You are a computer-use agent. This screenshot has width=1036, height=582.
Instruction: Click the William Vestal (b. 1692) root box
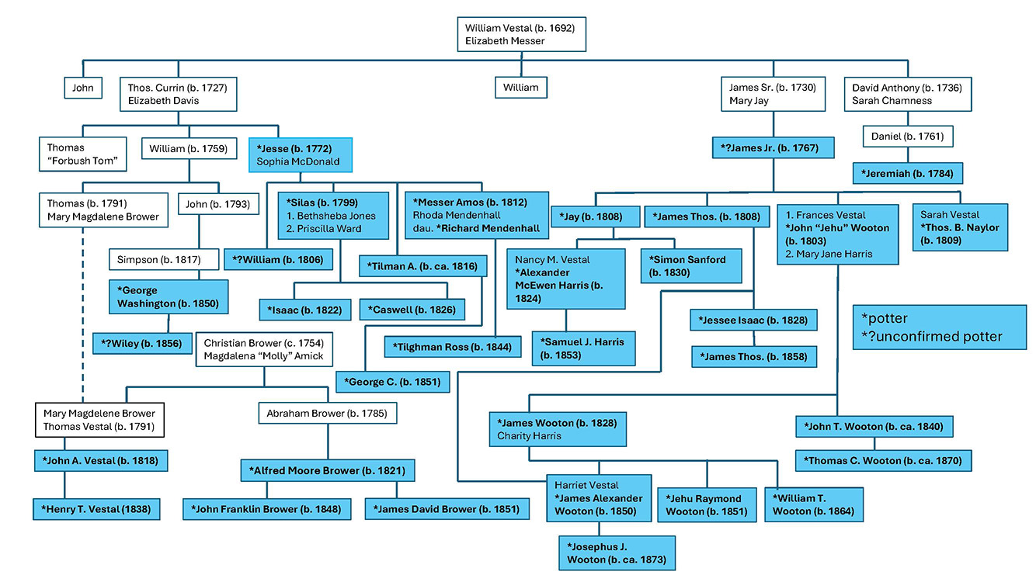[520, 34]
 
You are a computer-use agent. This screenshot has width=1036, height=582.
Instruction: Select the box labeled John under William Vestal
[83, 88]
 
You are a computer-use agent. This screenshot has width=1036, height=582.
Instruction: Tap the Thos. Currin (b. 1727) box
[178, 94]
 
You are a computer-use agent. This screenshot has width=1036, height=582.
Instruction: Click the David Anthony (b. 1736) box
[907, 94]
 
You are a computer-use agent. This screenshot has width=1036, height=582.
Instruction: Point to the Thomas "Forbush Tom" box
[82, 154]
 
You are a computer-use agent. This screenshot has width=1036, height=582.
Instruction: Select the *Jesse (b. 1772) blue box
[301, 154]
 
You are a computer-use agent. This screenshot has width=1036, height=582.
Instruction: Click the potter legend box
[939, 327]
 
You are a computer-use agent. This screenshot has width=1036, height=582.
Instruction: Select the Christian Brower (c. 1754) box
[264, 349]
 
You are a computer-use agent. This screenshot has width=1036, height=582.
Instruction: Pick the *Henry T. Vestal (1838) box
[97, 509]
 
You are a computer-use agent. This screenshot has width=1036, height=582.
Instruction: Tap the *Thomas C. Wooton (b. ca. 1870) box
[883, 460]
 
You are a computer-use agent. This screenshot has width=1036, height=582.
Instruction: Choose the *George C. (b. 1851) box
[393, 382]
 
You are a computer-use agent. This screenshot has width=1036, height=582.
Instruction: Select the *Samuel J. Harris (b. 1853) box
[583, 348]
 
